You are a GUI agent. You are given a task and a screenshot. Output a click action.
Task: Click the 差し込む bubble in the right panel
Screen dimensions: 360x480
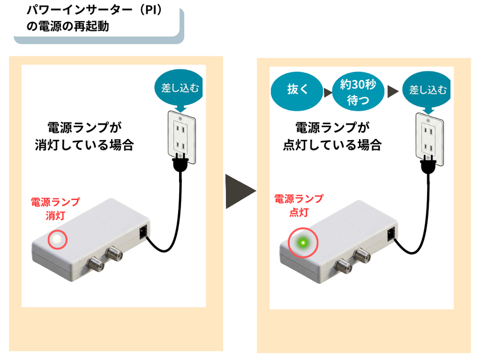(427, 90)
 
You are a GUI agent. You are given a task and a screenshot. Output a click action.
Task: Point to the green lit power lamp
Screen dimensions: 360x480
(303, 243)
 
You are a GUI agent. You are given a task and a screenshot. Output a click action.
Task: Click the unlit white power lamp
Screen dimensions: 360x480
(56, 239)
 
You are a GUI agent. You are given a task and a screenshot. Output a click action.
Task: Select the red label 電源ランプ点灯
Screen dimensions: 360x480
(298, 205)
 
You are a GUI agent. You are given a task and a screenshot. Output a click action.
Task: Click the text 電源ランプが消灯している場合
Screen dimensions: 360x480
(84, 136)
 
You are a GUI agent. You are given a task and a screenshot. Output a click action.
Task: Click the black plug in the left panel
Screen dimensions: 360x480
(180, 163)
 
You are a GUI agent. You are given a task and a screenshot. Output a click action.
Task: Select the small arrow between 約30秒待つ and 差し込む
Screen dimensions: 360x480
(394, 90)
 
